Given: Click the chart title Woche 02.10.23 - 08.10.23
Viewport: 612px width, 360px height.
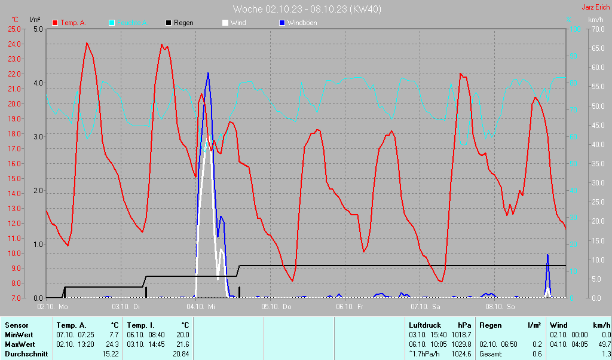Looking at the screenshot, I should pyautogui.click(x=307, y=9).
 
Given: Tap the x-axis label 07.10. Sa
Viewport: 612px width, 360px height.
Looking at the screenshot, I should pyautogui.click(x=425, y=307).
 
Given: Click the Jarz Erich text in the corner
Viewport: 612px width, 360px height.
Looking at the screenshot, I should pyautogui.click(x=595, y=8).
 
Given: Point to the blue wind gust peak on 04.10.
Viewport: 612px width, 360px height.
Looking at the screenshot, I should pyautogui.click(x=208, y=74).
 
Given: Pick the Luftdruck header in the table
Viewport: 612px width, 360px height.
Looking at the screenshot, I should pyautogui.click(x=425, y=325).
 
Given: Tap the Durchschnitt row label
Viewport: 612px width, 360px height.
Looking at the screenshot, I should pyautogui.click(x=27, y=354).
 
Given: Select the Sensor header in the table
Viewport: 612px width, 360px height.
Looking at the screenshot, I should pyautogui.click(x=16, y=325).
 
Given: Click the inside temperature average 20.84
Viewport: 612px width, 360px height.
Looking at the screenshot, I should pyautogui.click(x=180, y=354).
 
